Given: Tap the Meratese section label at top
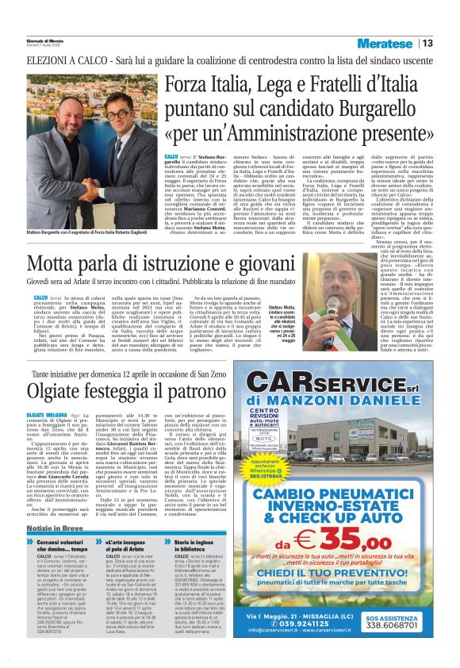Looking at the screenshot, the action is [386, 43].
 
